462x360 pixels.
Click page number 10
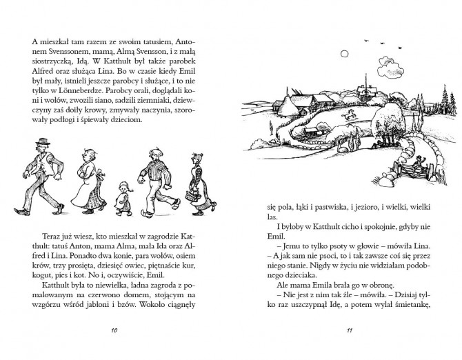click(x=115, y=332)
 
